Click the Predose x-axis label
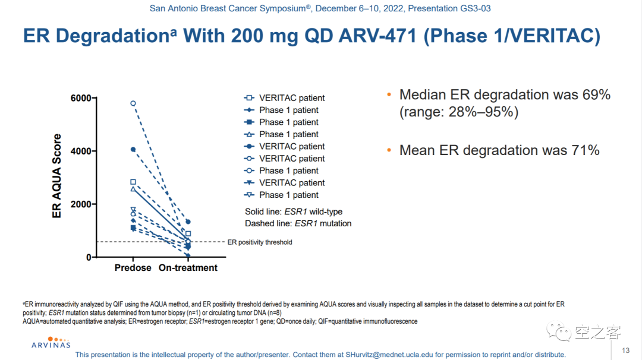click(133, 268)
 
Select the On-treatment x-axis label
click(188, 268)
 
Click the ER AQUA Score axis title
click(57, 176)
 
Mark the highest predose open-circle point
click(133, 103)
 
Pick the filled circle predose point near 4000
click(133, 149)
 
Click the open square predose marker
click(133, 182)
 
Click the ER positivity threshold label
click(260, 242)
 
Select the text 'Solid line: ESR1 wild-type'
click(294, 211)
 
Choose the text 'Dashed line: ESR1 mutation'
click(298, 224)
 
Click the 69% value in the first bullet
click(597, 95)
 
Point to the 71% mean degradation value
click(586, 151)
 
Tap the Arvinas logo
click(51, 342)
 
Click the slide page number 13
click(625, 350)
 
